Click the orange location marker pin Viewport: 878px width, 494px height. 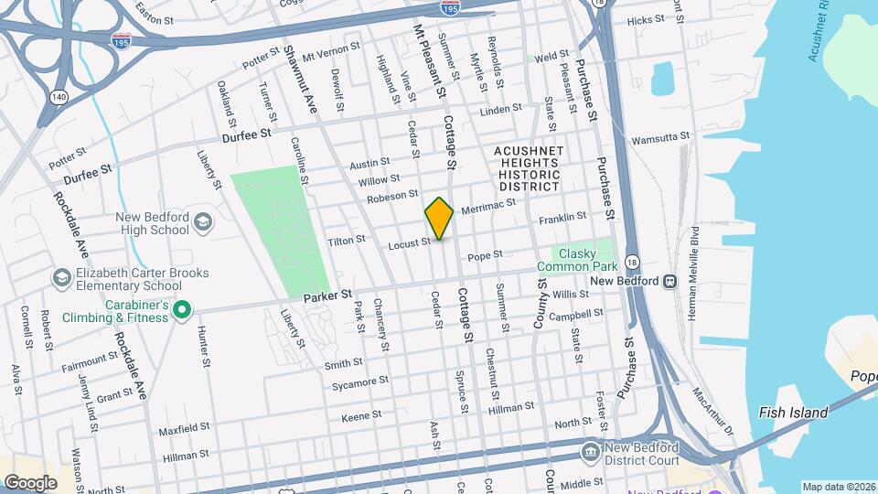tap(439, 218)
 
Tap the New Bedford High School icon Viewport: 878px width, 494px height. tap(203, 222)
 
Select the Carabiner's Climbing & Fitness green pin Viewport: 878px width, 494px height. tap(181, 311)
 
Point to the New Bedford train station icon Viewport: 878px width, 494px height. tap(670, 281)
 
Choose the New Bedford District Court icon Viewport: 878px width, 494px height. tap(591, 451)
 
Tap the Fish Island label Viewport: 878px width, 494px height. tap(793, 413)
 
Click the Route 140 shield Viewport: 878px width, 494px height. tap(59, 95)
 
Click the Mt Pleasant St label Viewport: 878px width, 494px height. tap(429, 62)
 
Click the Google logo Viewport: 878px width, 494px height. tap(30, 482)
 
